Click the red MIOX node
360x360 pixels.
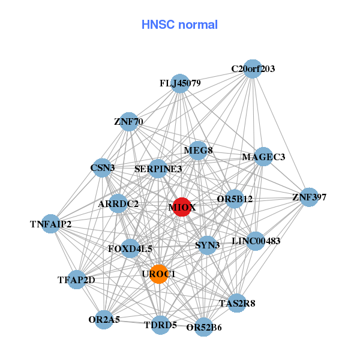[x=182, y=207]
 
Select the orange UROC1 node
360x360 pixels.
[x=158, y=274]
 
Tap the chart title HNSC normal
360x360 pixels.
[x=179, y=25]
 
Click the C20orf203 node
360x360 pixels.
[x=253, y=69]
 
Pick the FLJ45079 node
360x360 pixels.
[x=180, y=83]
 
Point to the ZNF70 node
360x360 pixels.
[x=129, y=122]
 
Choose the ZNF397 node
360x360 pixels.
[x=308, y=197]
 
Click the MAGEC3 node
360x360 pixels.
[x=263, y=157]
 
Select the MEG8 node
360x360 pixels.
[x=198, y=150]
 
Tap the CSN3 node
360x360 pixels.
[x=103, y=168]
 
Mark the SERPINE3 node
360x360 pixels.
[x=158, y=169]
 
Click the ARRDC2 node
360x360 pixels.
[x=118, y=204]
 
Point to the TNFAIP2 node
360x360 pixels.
[x=51, y=224]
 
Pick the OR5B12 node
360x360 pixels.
[x=235, y=199]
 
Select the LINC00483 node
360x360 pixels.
[x=256, y=241]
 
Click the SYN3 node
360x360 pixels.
[x=207, y=245]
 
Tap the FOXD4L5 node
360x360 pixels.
[x=130, y=248]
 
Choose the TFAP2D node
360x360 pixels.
[x=76, y=280]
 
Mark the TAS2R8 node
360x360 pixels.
[x=236, y=304]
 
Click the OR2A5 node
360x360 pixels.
[x=104, y=320]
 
